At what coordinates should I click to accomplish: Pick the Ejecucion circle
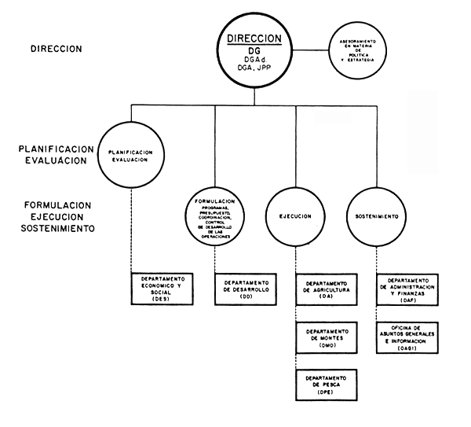pyautogui.click(x=296, y=216)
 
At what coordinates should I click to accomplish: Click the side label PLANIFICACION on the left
pyautogui.click(x=59, y=149)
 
